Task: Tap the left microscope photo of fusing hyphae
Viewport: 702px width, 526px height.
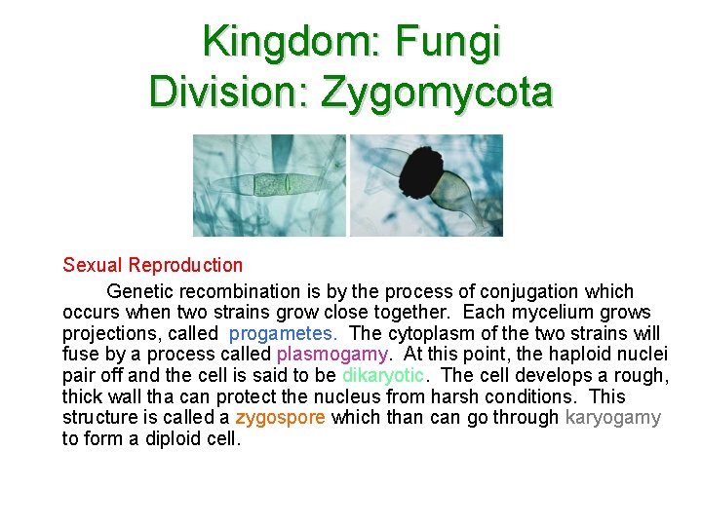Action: coord(270,185)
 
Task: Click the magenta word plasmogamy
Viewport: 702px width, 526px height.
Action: coord(332,354)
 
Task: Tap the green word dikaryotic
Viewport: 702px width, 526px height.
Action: coord(383,375)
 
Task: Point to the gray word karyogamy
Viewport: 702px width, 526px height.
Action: coord(612,418)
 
